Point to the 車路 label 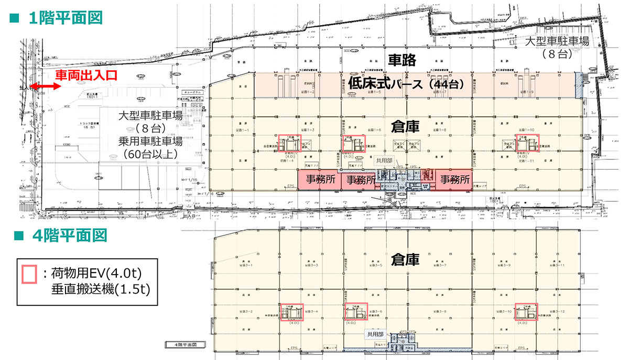[x=401, y=60]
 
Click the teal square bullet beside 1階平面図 [x=15, y=18]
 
